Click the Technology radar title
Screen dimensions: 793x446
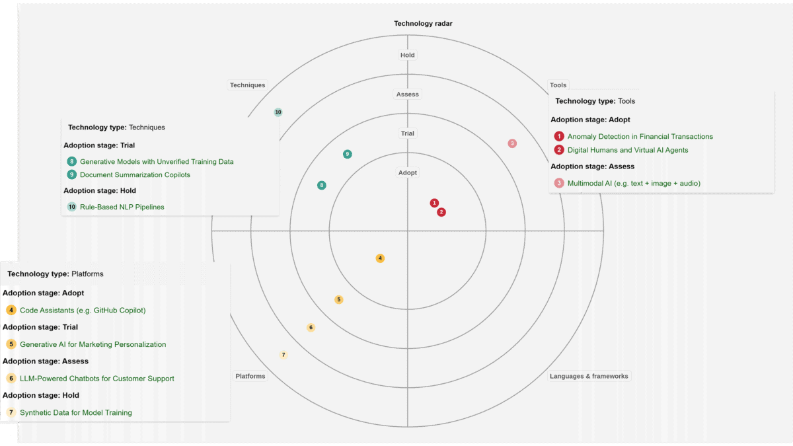[x=423, y=23]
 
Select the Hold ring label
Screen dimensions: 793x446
[x=408, y=55]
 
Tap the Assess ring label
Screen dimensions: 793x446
[x=408, y=94]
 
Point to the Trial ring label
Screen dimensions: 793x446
[x=408, y=133]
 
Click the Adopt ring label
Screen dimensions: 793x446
[x=408, y=172]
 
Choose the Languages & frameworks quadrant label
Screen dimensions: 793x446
[x=589, y=376]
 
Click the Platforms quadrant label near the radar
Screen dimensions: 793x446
[x=250, y=376]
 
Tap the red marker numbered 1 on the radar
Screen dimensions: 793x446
[x=434, y=203]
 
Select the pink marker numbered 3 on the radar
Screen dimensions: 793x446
[x=512, y=143]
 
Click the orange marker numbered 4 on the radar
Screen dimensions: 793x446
[x=380, y=258]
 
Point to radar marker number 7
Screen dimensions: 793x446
[x=283, y=355]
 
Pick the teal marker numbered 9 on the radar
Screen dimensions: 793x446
[x=348, y=154]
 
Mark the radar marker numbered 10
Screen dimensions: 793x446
[x=278, y=112]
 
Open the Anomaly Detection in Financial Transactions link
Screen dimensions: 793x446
[x=640, y=137]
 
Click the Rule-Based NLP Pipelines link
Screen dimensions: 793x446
[x=122, y=207]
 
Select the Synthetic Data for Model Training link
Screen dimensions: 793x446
[x=76, y=412]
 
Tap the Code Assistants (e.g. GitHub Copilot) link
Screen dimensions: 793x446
[x=83, y=310]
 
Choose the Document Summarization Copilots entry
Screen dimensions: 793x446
[x=135, y=175]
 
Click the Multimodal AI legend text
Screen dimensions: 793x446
[x=634, y=184]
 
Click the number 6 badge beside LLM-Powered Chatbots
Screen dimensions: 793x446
[x=11, y=379]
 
